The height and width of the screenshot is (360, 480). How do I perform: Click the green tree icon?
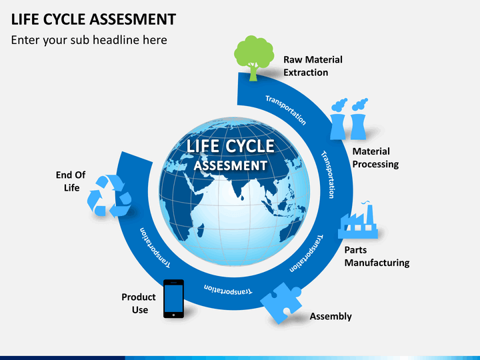[x=254, y=57]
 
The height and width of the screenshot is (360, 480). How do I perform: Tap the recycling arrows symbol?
[x=109, y=196]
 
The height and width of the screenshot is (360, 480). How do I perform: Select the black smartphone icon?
[x=173, y=299]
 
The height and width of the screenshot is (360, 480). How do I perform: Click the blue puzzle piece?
[x=281, y=303]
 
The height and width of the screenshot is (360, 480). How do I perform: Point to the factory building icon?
[x=357, y=221]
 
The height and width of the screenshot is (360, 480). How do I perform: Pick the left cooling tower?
[x=338, y=119]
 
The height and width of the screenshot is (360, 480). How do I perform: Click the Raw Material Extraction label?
[x=313, y=66]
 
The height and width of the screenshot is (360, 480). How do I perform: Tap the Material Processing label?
[x=375, y=157]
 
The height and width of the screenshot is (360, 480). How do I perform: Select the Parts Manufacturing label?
[x=377, y=256]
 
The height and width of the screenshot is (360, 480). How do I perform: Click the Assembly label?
[x=331, y=316]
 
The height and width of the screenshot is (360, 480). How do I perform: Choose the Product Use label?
[x=139, y=303]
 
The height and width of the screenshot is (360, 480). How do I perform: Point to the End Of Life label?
[x=71, y=181]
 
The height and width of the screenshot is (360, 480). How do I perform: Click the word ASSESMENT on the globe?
[x=231, y=165]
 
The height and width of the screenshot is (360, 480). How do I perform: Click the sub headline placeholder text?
[x=89, y=40]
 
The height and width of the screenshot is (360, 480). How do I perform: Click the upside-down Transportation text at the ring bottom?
[x=228, y=289]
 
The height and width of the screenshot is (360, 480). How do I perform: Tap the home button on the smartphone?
[x=173, y=315]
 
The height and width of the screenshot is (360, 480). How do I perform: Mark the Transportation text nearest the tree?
[x=285, y=110]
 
